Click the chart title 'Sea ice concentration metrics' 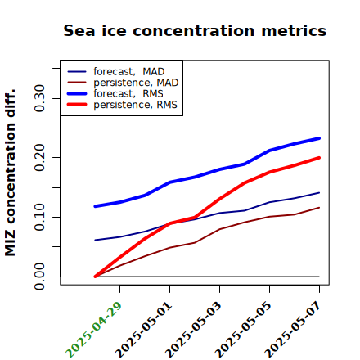point(195,31)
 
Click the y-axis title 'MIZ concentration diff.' point(10,173)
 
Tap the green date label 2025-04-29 point(93,330)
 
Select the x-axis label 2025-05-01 point(143,330)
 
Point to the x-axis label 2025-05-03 point(193,330)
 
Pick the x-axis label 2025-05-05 point(243,330)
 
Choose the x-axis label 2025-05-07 point(293,330)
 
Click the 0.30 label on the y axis point(39,98)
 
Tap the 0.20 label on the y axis point(39,158)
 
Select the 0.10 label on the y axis point(39,217)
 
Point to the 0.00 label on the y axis point(39,277)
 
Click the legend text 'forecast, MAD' point(129,72)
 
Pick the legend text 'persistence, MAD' point(136,83)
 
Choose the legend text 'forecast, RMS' point(128,94)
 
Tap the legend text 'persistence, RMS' point(136,105)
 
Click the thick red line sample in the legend point(77,105)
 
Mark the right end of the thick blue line point(319,138)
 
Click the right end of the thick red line point(319,158)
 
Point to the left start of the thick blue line point(95,206)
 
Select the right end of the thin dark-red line point(319,208)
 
